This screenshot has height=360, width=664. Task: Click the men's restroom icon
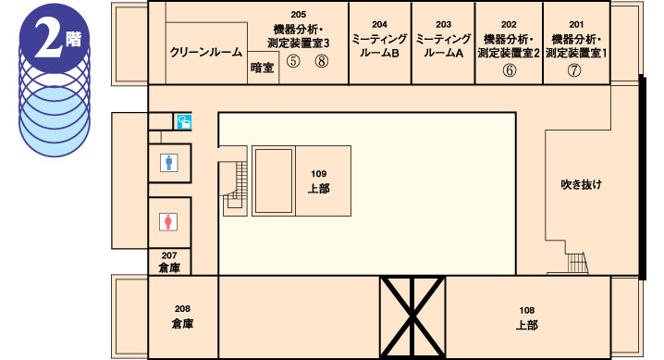click(169, 163)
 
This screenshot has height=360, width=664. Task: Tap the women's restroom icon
click(168, 222)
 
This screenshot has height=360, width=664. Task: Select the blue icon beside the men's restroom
click(184, 122)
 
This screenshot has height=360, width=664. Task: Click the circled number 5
click(293, 61)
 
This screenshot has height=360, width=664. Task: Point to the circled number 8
click(322, 61)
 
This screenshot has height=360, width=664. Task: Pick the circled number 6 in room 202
click(509, 70)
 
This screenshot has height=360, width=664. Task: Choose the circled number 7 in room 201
click(574, 70)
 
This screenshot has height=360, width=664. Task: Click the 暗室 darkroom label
click(262, 68)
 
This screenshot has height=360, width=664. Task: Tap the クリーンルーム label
click(206, 52)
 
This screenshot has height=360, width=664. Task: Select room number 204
click(379, 25)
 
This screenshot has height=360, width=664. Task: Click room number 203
click(443, 25)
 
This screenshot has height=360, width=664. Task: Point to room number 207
click(169, 255)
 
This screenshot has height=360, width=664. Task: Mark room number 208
click(182, 309)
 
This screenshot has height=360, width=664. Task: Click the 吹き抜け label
click(582, 185)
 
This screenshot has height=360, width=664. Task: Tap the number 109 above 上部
click(318, 174)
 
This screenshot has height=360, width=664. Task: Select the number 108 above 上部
click(527, 310)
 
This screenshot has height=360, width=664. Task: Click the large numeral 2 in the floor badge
click(48, 39)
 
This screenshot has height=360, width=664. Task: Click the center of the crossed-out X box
click(412, 317)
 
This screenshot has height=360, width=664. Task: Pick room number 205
click(298, 15)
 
